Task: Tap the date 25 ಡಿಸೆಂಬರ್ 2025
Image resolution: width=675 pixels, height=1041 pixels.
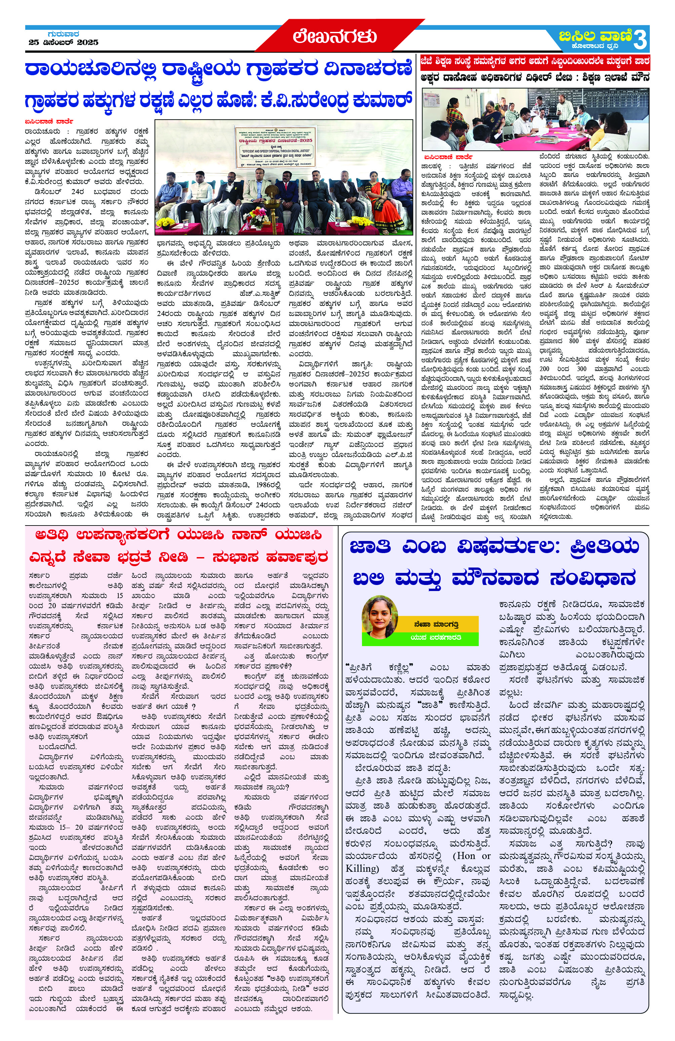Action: (64, 42)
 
